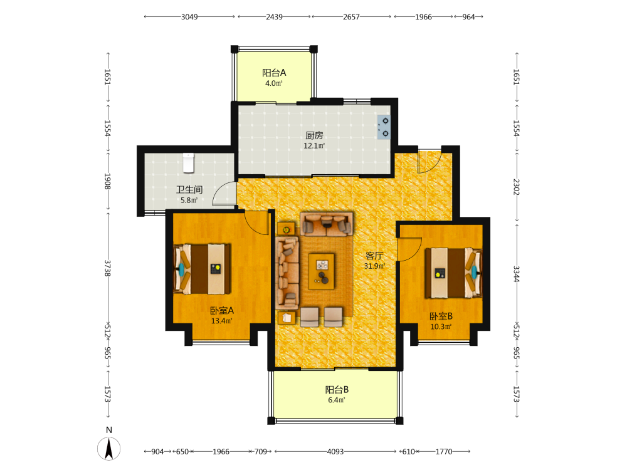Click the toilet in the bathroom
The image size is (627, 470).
pyautogui.click(x=188, y=163)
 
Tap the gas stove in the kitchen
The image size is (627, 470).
pyautogui.click(x=384, y=127)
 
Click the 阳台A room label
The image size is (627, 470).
pyautogui.click(x=274, y=72)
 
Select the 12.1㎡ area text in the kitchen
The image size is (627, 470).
pyautogui.click(x=314, y=145)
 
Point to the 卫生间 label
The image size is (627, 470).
pyautogui.click(x=189, y=189)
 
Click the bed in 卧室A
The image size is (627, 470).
pyautogui.click(x=202, y=269)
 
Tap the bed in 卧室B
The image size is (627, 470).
pyautogui.click(x=453, y=273)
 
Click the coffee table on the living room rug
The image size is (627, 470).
pyautogui.click(x=322, y=271)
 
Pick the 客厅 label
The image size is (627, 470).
pyautogui.click(x=374, y=256)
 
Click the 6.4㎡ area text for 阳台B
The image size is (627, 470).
pyautogui.click(x=337, y=400)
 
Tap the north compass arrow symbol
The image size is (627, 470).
pyautogui.click(x=108, y=449)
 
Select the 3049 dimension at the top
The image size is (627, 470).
pyautogui.click(x=189, y=17)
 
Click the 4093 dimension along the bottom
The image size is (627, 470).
pyautogui.click(x=335, y=452)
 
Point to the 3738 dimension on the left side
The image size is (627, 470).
pyautogui.click(x=107, y=268)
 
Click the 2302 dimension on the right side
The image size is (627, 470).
pyautogui.click(x=516, y=187)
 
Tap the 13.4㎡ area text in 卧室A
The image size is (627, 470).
pyautogui.click(x=221, y=321)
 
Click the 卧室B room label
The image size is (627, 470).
pyautogui.click(x=441, y=316)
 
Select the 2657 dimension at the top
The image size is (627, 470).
pyautogui.click(x=351, y=17)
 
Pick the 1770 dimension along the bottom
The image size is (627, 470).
pyautogui.click(x=443, y=452)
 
